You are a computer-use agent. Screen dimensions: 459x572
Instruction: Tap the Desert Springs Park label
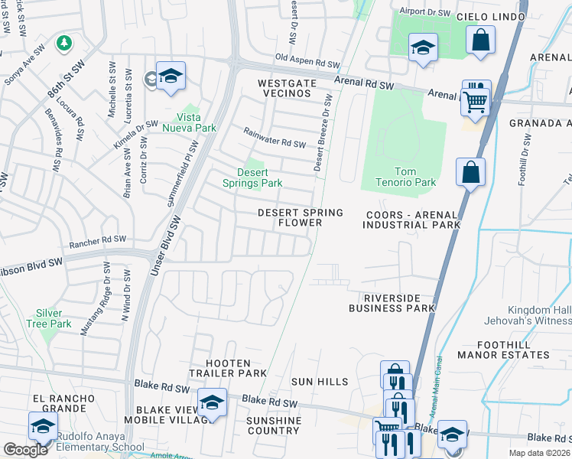252,177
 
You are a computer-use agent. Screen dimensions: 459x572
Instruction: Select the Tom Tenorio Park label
405,177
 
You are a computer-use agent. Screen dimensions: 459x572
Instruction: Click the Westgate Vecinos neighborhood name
274,87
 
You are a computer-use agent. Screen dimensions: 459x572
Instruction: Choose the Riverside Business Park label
392,303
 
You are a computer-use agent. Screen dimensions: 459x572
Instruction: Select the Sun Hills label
320,381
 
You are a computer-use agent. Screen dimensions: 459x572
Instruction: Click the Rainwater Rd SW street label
275,138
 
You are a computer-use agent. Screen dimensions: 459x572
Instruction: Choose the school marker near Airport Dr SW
422,48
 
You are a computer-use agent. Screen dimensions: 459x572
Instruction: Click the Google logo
25,450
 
